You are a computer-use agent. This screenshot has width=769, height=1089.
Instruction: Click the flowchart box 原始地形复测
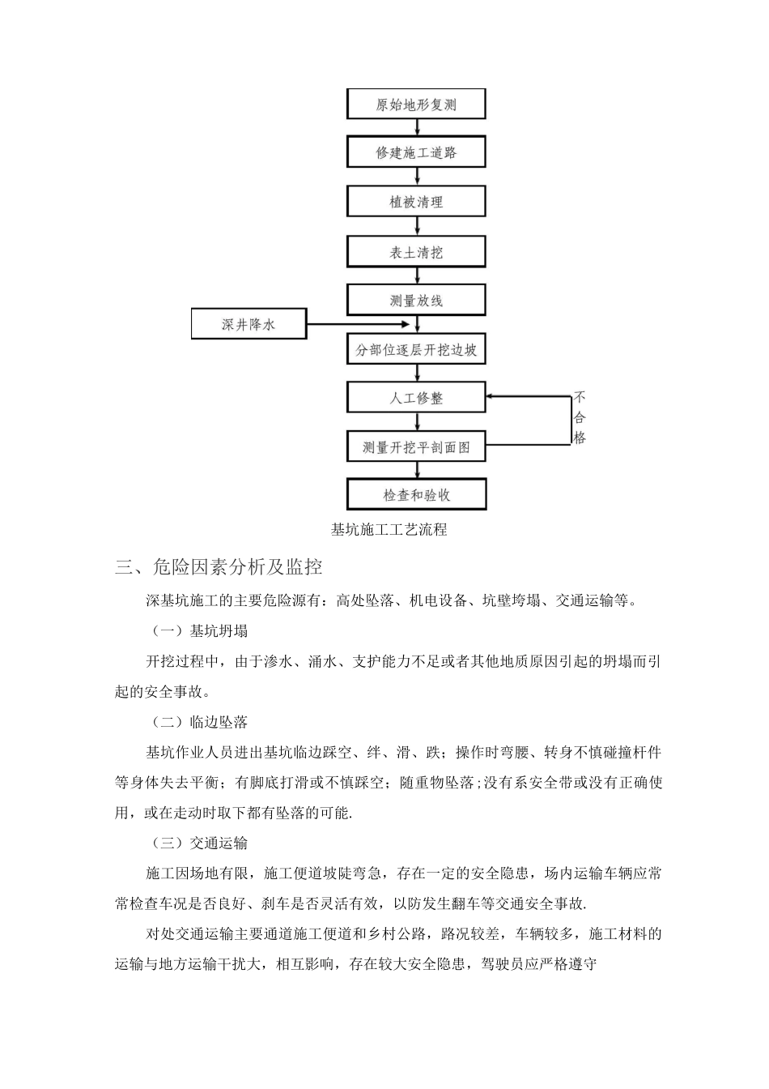(416, 105)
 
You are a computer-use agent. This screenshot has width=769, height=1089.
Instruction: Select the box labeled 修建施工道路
(416, 152)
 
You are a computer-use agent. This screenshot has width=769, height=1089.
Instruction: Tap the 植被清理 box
(416, 202)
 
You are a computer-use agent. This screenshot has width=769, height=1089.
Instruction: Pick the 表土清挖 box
(416, 252)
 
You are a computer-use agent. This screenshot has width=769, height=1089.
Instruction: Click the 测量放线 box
(416, 301)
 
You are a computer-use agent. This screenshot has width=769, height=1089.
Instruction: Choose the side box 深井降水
(249, 324)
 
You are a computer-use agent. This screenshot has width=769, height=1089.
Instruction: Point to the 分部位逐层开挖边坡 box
(416, 350)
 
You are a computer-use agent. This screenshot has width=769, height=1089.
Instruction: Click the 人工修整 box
(416, 399)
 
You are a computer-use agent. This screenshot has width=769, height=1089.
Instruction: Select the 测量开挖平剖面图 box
(416, 447)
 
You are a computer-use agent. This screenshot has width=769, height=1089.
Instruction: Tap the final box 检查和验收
(416, 494)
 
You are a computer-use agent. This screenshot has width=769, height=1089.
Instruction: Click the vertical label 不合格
(580, 418)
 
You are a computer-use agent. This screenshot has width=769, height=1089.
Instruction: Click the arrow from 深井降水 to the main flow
(360, 325)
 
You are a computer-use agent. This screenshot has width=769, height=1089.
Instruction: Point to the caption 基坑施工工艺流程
(389, 530)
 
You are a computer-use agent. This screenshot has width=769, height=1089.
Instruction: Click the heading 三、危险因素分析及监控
(219, 567)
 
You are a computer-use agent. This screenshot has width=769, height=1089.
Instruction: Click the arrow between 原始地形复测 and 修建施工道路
(417, 128)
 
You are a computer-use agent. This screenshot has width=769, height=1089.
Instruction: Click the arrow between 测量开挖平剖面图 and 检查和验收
(417, 471)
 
